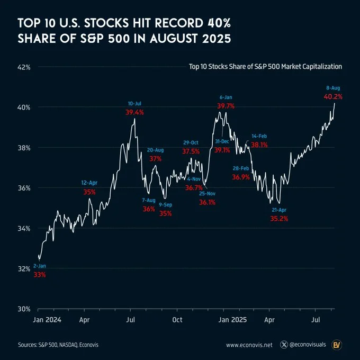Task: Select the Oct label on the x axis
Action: click(177, 320)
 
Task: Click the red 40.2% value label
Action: click(333, 96)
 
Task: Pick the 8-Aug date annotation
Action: click(333, 87)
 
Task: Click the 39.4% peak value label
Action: click(134, 112)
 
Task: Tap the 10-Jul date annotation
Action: click(134, 103)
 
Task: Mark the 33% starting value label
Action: click(40, 275)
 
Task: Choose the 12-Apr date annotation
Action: click(89, 182)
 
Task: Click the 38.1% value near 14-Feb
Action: click(259, 145)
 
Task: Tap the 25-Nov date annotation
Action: click(207, 194)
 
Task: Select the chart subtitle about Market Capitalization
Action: click(265, 67)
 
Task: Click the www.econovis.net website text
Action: click(249, 345)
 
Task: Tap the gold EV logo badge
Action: click(336, 345)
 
